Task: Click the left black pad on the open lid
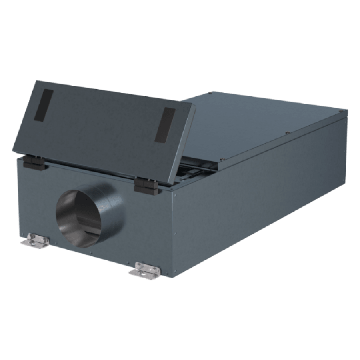point(43,105)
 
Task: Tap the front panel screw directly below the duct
point(91,253)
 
